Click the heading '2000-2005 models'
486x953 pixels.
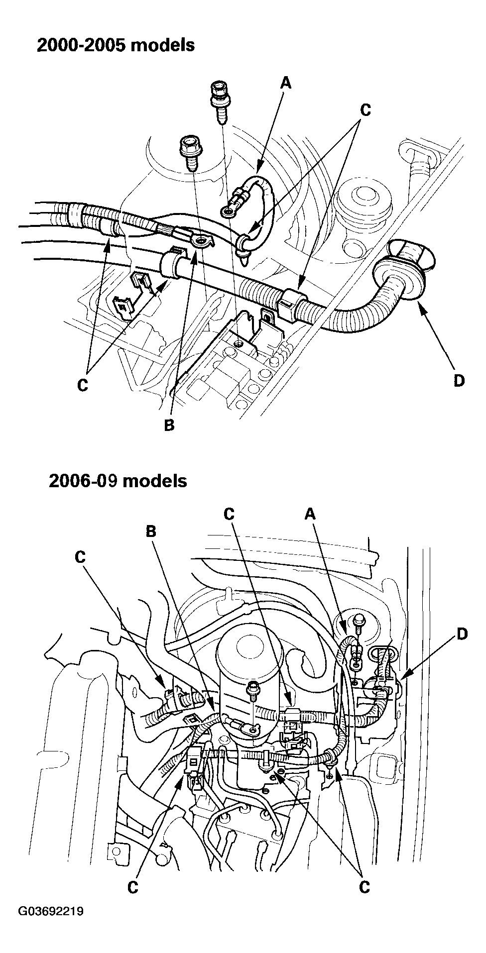tap(116, 45)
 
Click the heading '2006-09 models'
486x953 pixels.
tap(118, 481)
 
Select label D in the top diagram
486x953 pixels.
tap(458, 381)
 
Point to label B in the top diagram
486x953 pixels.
tap(169, 425)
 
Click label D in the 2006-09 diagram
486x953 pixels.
tap(462, 634)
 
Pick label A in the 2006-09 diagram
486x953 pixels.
tap(310, 514)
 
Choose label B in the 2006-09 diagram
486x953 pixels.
tap(151, 531)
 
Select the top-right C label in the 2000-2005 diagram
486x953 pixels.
tap(365, 110)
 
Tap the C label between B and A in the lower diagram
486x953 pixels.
tap(229, 514)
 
